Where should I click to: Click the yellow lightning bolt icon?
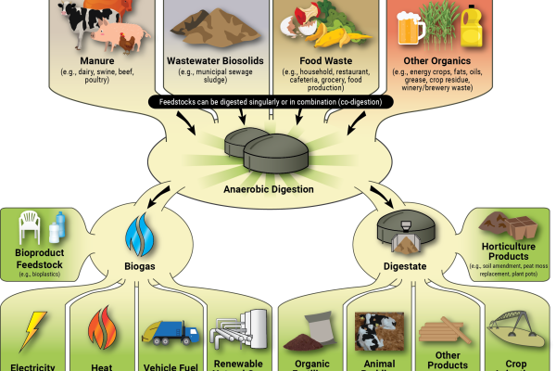33,328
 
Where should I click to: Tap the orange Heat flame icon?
101,330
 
